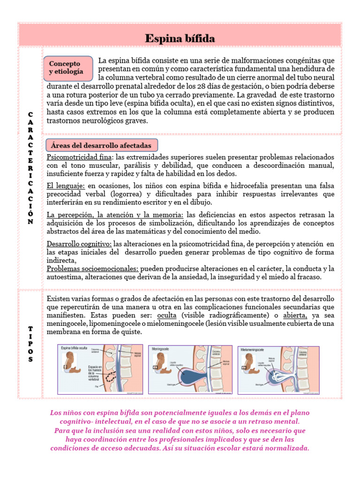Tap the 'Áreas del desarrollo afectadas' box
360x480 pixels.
point(101,145)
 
